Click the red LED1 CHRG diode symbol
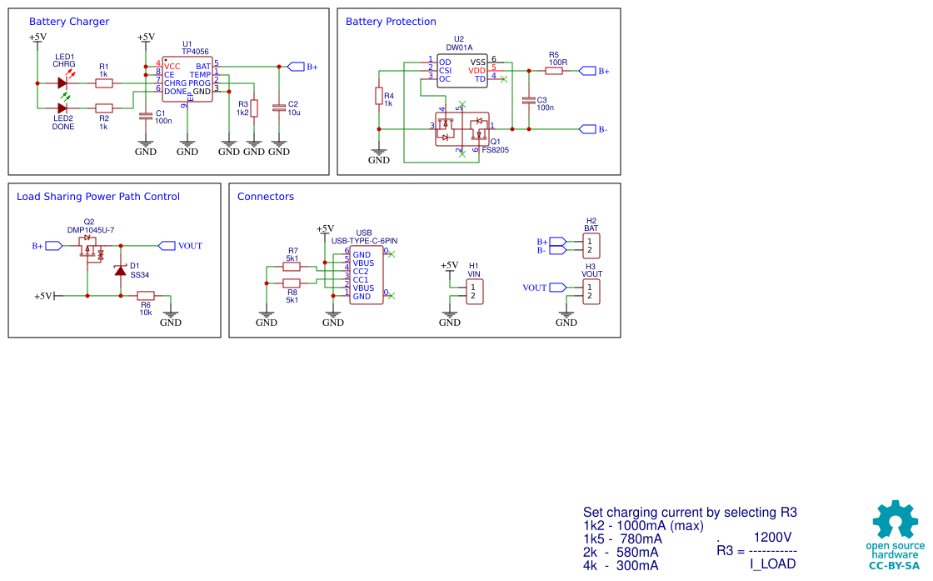tap(62, 83)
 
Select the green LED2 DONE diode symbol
tap(62, 108)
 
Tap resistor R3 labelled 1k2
tap(254, 108)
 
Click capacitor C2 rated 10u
tap(279, 108)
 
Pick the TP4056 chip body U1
tap(188, 78)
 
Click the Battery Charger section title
tap(69, 23)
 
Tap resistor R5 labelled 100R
tap(554, 71)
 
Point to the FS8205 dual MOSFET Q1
tap(462, 129)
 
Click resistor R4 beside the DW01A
tap(379, 97)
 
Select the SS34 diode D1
tap(121, 270)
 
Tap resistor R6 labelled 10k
tap(146, 295)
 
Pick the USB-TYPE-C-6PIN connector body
tap(367, 275)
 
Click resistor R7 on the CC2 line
tap(292, 267)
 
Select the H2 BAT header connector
tap(591, 246)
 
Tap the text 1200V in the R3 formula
tap(772, 537)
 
